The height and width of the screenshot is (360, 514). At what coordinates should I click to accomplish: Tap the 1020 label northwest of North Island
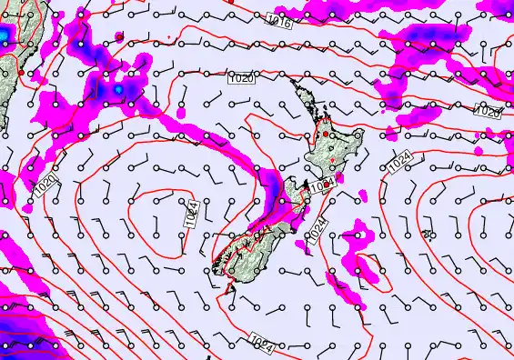(241, 79)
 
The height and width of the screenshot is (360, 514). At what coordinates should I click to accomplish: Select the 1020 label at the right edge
(489, 112)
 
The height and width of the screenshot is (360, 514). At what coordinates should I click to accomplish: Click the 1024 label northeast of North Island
(399, 165)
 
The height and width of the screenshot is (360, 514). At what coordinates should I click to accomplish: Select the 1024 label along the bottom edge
(261, 343)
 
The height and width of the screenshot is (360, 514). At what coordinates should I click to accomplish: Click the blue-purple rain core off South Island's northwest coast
(273, 193)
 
